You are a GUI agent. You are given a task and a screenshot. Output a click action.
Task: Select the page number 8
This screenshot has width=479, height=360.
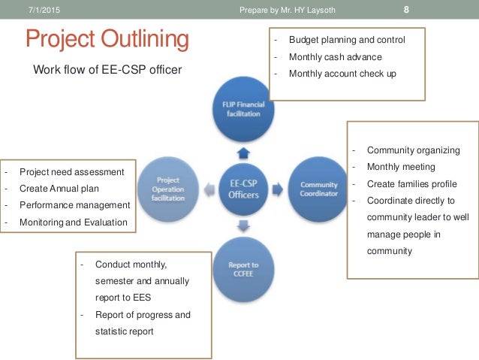(405, 10)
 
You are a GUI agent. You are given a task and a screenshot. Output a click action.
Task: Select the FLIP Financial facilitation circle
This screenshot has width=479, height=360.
(242, 109)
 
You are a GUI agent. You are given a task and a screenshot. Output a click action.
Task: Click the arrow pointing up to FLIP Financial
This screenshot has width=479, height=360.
(242, 153)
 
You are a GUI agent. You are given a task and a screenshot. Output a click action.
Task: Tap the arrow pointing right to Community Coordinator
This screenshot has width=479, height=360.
(277, 187)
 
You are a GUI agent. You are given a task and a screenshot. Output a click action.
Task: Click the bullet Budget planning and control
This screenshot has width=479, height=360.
(346, 40)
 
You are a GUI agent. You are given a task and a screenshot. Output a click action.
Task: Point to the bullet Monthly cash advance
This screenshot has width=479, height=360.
(335, 56)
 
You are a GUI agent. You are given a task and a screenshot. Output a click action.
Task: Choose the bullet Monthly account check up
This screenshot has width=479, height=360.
(342, 74)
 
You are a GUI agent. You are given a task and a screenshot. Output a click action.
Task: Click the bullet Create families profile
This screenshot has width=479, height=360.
(411, 184)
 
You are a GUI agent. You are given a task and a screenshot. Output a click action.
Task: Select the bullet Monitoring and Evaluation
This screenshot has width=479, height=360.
(73, 222)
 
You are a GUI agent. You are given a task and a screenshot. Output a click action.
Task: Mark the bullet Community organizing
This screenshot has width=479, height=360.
(413, 150)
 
